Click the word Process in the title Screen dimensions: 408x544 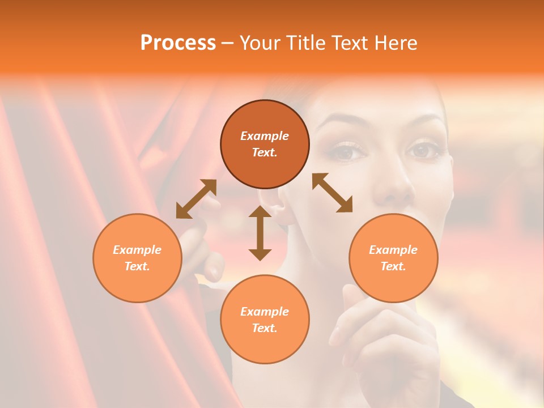[178, 43]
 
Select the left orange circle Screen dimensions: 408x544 [137, 258]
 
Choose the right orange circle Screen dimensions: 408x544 [393, 258]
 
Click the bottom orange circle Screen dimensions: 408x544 [265, 319]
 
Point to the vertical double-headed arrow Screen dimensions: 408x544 [260, 233]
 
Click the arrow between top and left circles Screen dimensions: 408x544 [196, 198]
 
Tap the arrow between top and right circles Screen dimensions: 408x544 [332, 193]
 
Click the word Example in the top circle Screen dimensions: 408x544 [265, 136]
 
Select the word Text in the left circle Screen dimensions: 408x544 [137, 266]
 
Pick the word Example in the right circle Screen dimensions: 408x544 [393, 250]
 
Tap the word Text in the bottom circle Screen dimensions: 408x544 [265, 328]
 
